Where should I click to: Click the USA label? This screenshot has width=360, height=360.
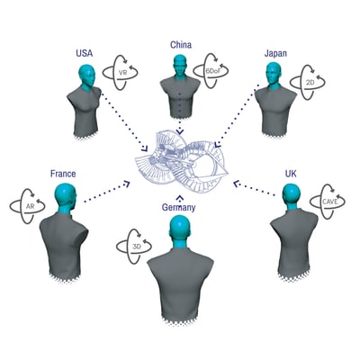tap(85, 53)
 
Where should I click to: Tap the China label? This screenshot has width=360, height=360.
tap(181, 45)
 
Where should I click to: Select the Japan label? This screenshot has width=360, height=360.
tap(275, 53)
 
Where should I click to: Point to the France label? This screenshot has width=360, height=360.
tap(63, 174)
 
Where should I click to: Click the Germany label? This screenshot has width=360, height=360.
tap(178, 207)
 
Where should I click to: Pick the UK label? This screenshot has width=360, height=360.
tap(291, 174)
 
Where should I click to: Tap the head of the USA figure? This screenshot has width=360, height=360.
tap(87, 76)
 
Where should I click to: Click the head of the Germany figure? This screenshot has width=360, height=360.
tap(180, 229)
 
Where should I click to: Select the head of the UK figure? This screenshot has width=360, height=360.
tap(292, 195)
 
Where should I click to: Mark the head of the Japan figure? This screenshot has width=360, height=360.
tap(274, 74)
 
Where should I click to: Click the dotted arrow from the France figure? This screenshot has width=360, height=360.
tap(107, 192)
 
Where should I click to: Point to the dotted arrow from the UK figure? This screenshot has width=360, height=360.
tap(254, 188)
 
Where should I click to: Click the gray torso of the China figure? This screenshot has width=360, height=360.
tap(180, 97)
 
